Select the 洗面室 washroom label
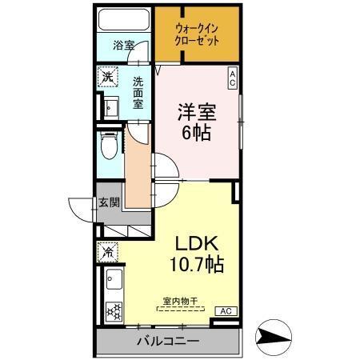click(138, 92)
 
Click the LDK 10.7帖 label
click(195, 253)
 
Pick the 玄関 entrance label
click(109, 202)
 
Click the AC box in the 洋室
click(232, 77)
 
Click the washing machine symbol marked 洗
click(107, 78)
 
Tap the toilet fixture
click(110, 146)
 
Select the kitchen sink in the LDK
click(111, 280)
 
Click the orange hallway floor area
click(138, 172)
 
